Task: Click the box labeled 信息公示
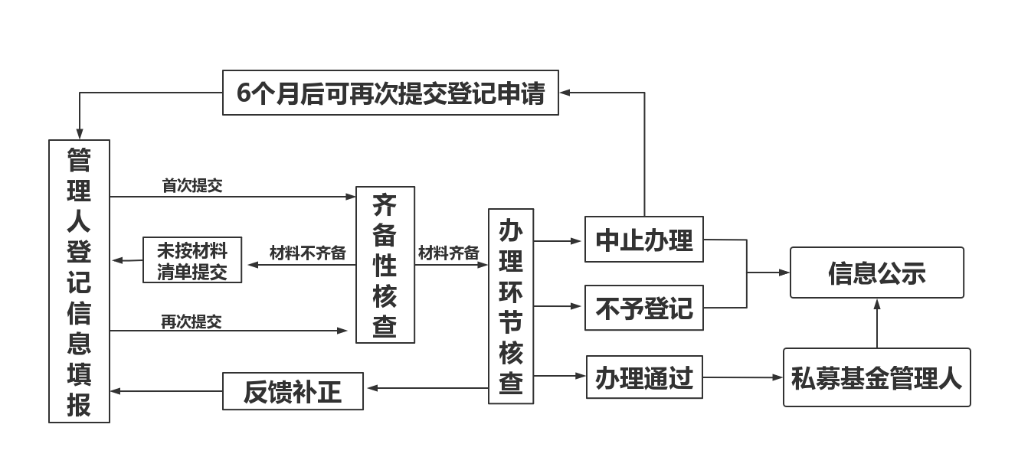(876, 273)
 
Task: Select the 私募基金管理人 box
(876, 377)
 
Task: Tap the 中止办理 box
(643, 240)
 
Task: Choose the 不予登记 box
(643, 308)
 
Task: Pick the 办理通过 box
(643, 377)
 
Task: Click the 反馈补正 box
(293, 391)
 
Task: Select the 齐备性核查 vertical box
(385, 265)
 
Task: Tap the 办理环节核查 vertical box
(511, 306)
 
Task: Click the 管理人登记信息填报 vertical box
(79, 281)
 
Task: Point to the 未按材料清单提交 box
(192, 260)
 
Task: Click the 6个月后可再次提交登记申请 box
(391, 93)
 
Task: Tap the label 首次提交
(192, 185)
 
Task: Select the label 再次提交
(191, 321)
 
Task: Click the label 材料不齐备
(307, 253)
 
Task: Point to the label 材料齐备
(449, 253)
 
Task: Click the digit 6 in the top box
(244, 93)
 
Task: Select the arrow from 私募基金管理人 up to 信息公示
(877, 323)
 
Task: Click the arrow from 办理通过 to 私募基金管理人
(743, 377)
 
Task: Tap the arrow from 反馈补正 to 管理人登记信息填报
(166, 391)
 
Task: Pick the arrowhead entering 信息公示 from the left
(784, 273)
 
